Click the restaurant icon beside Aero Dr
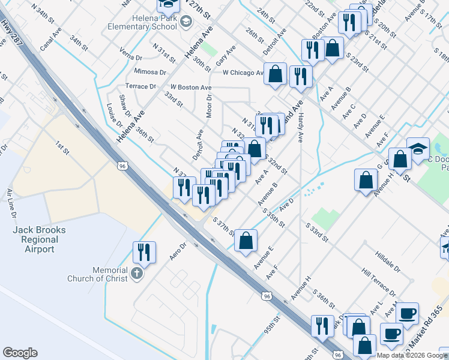(x=144, y=251)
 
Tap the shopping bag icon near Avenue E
(x=246, y=241)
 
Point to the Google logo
(x=20, y=353)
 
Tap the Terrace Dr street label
(x=140, y=86)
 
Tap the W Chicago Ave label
(x=243, y=73)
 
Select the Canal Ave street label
(x=51, y=37)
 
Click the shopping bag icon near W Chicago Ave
(x=275, y=74)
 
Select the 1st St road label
(x=62, y=148)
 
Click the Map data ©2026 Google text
(x=411, y=355)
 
